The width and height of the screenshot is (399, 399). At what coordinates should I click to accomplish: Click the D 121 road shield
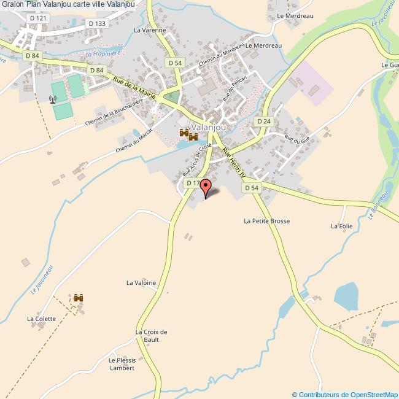point(37,19)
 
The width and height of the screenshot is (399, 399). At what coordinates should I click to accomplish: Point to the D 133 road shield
point(97,23)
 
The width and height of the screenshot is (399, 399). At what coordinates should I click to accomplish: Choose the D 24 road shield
point(263,122)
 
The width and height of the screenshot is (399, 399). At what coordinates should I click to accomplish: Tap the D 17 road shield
point(193,183)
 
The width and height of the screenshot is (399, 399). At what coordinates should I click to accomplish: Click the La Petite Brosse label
point(266,220)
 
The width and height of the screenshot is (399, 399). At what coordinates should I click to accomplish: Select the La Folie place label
point(341,226)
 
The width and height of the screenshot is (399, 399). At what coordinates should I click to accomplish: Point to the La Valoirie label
point(141,282)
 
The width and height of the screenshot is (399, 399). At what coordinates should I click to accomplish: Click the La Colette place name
point(41,319)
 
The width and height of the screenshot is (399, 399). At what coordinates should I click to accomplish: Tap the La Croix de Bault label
point(151,336)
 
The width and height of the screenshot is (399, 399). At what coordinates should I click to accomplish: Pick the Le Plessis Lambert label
point(121,364)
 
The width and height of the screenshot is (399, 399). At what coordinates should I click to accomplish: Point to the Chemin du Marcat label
point(136,141)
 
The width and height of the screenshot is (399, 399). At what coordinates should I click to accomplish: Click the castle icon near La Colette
point(79,298)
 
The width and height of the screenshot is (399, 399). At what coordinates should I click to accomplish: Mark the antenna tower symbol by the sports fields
point(52,99)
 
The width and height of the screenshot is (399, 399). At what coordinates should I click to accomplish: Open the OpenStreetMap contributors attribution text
point(344,394)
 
